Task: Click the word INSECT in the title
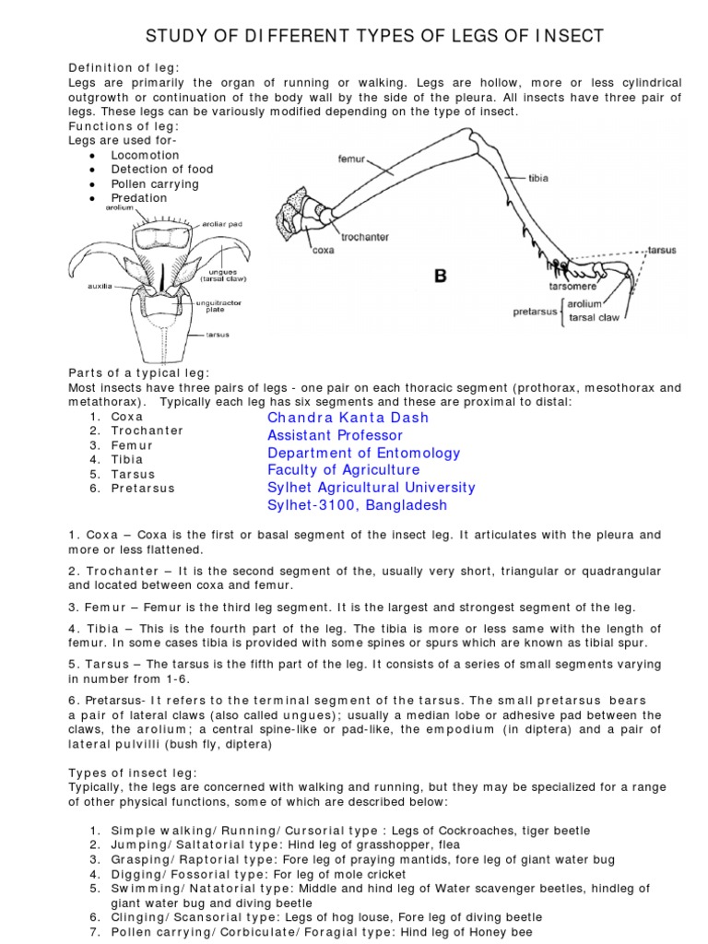click(568, 36)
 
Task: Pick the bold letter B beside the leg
click(441, 275)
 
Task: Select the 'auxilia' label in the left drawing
click(100, 286)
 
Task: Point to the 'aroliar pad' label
click(221, 223)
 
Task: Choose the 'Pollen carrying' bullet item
click(155, 183)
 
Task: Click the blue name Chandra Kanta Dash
click(348, 418)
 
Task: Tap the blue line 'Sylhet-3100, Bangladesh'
click(357, 505)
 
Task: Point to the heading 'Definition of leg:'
click(124, 69)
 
